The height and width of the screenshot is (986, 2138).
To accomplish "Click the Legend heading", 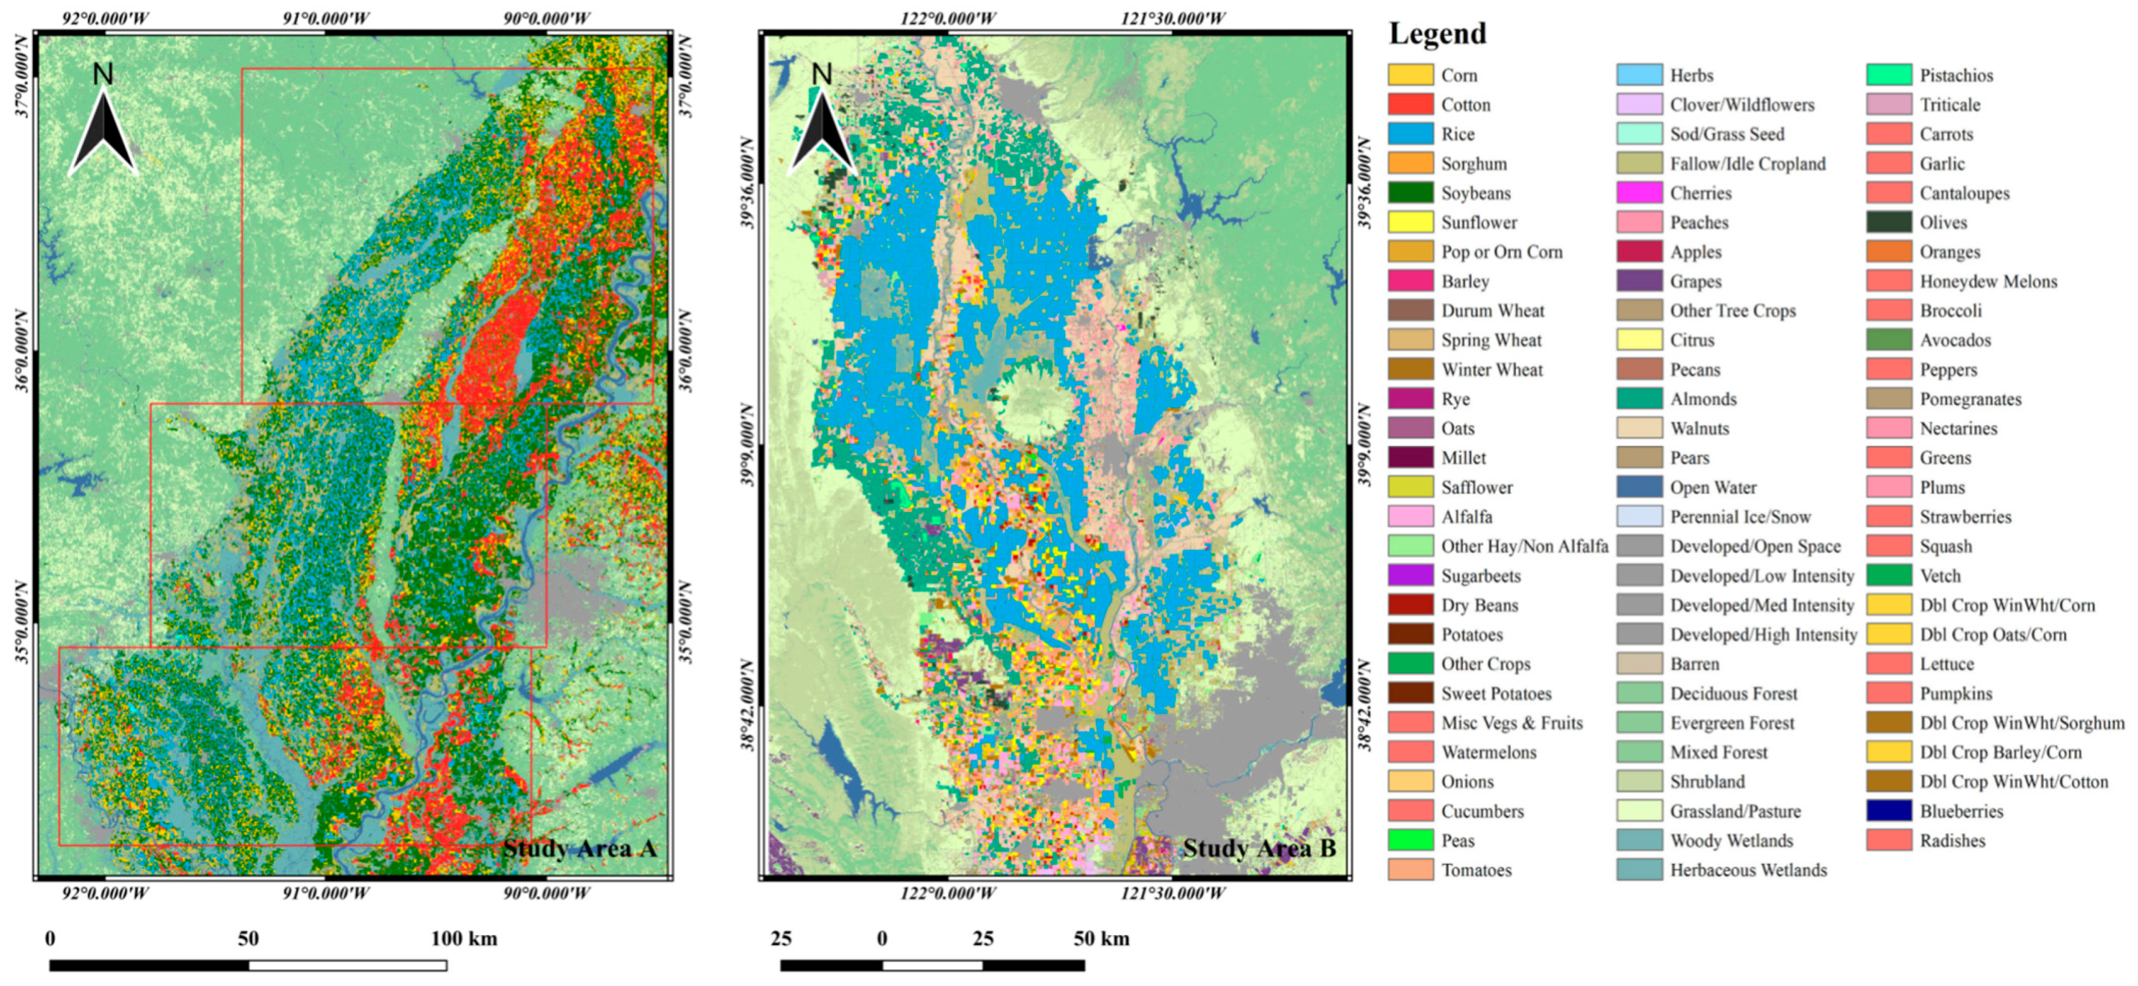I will coord(1438,34).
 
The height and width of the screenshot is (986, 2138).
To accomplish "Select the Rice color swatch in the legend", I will coord(1410,134).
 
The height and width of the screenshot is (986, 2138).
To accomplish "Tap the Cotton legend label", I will coord(1465,104).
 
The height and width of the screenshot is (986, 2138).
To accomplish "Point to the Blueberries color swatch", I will coord(1889,811).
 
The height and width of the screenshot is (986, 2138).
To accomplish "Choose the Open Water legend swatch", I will coord(1639,487).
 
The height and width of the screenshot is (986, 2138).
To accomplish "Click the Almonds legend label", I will coord(1703,399).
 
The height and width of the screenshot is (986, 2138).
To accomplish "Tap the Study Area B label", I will coord(1259,848).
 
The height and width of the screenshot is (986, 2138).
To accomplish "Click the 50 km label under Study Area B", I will coord(1101,939).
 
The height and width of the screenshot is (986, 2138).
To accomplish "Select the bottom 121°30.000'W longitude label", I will coord(1172,893).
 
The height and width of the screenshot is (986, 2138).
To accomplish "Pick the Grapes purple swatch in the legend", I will coord(1639,282).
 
